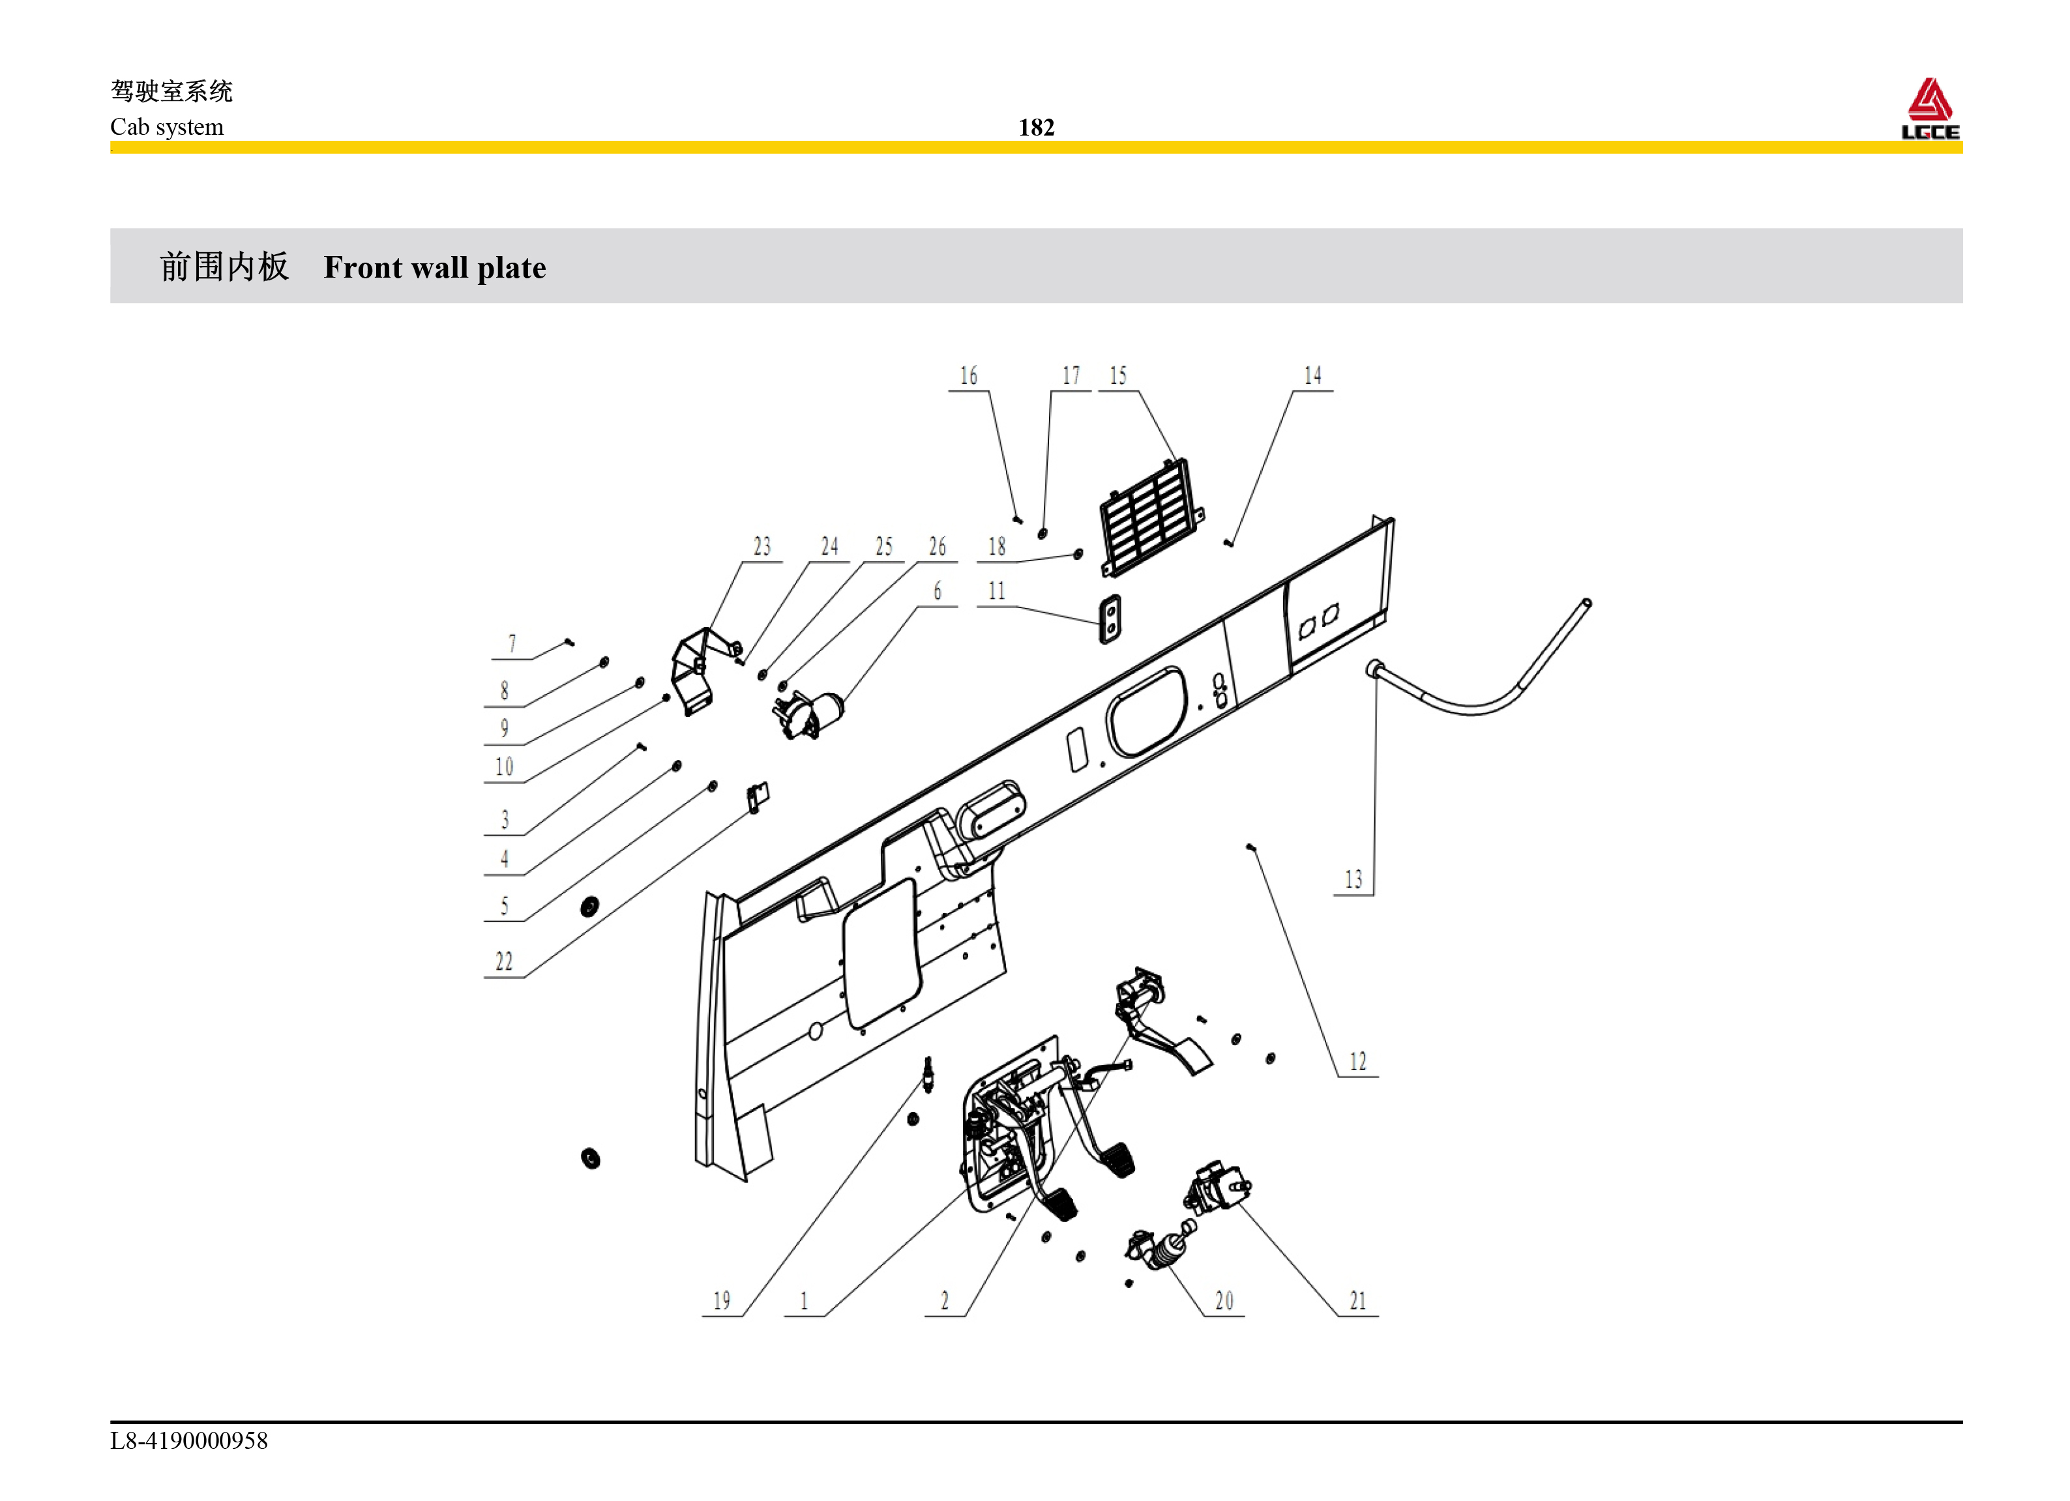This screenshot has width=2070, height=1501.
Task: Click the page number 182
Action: (x=1036, y=127)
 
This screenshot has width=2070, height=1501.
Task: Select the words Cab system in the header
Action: (x=167, y=127)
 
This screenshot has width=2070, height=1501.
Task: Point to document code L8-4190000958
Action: (x=189, y=1441)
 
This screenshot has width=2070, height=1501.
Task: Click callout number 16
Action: (x=968, y=376)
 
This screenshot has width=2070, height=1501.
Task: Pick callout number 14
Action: (x=1312, y=376)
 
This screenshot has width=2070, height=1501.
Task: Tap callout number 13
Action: (x=1353, y=880)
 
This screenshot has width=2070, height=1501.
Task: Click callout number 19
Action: (x=722, y=1300)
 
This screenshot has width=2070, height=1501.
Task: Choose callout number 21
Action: (x=1358, y=1300)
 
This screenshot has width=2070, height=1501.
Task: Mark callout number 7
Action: (x=512, y=644)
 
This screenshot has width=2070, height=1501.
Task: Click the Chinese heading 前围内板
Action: (x=224, y=267)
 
